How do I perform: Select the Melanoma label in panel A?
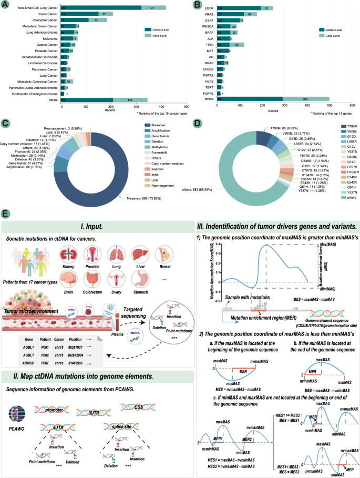50,38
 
